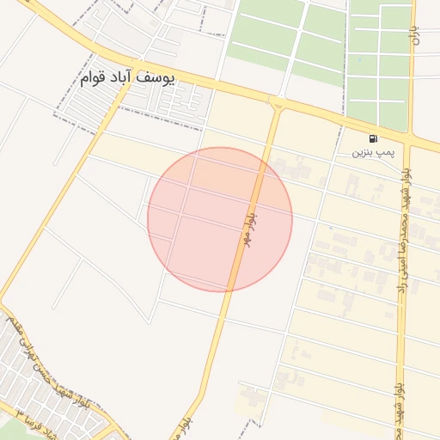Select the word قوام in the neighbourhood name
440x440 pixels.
(x=95, y=79)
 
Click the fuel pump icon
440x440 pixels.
(x=372, y=138)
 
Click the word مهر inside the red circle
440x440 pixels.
(x=246, y=238)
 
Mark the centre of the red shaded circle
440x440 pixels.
(x=220, y=219)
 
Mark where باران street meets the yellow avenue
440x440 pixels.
(x=413, y=137)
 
